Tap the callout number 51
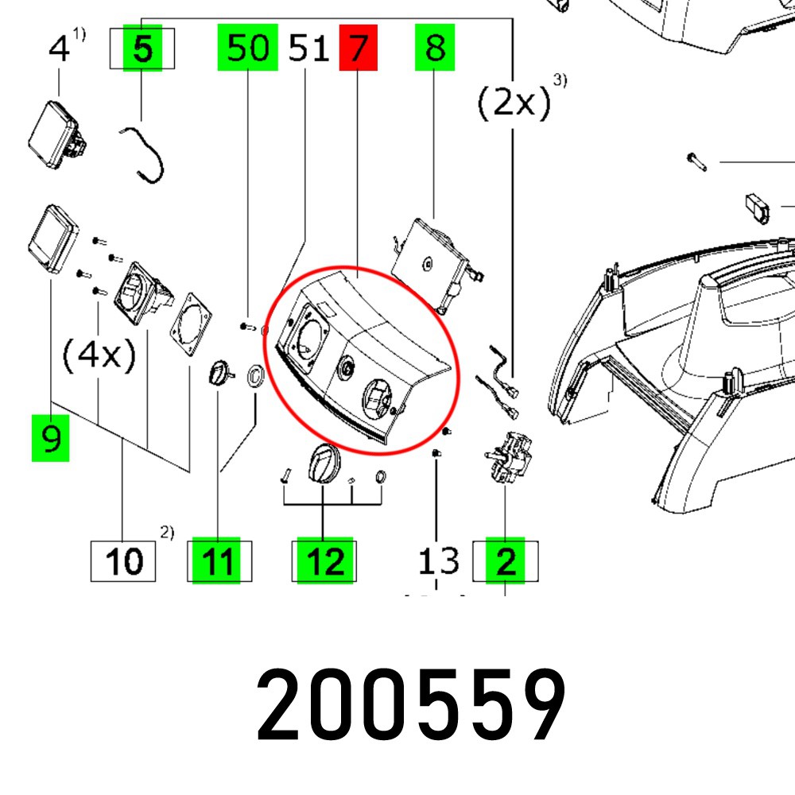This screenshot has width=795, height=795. pyautogui.click(x=308, y=48)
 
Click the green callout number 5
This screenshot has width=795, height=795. pyautogui.click(x=142, y=49)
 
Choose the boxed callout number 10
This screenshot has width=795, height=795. pyautogui.click(x=124, y=561)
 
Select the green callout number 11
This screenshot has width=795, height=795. pyautogui.click(x=217, y=561)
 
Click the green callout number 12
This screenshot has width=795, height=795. pyautogui.click(x=324, y=561)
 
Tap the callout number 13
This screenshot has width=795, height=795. pyautogui.click(x=439, y=561)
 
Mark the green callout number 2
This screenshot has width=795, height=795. pyautogui.click(x=506, y=561)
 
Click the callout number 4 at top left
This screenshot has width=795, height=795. pyautogui.click(x=59, y=49)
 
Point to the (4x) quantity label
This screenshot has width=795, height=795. pyautogui.click(x=99, y=355)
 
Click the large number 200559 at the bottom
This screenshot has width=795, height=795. pyautogui.click(x=411, y=706)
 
